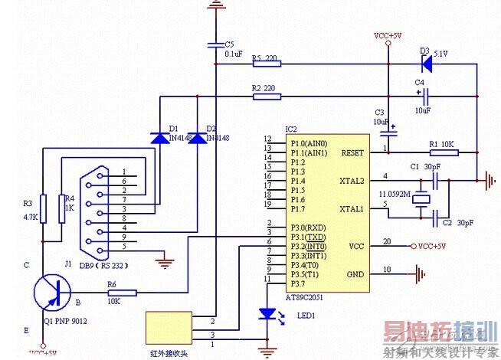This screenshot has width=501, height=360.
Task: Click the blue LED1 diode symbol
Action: click(267, 314)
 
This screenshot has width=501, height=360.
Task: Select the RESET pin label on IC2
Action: click(352, 152)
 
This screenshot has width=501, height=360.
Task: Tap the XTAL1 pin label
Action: click(354, 209)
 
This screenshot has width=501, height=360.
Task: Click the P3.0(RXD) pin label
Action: click(306, 227)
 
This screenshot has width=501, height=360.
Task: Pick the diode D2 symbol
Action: click(197, 139)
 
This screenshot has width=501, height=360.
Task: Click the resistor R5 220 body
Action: click(259, 64)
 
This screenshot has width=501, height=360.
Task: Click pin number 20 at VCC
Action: click(388, 241)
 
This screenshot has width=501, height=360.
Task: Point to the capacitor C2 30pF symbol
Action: click(434, 214)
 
